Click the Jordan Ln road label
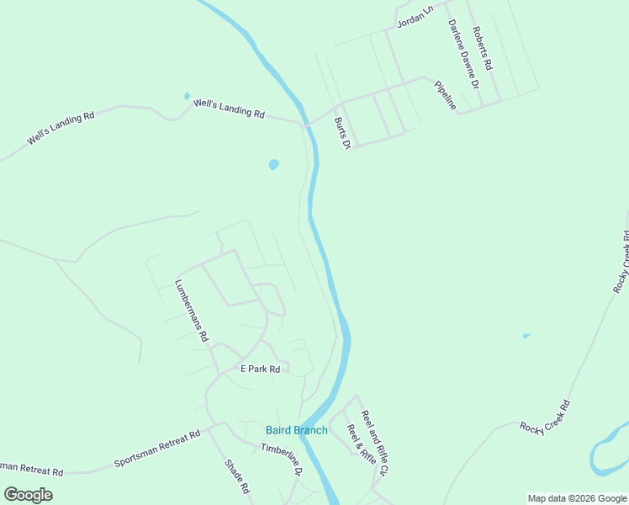tap(415, 15)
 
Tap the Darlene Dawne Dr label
tap(462, 55)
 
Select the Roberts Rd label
tap(482, 48)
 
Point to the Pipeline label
tap(445, 95)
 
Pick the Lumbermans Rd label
tap(191, 309)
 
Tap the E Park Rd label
tap(260, 369)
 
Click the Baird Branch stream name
tap(297, 431)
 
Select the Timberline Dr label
tap(281, 460)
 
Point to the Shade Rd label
tap(237, 476)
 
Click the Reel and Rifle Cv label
tap(373, 443)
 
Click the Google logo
tap(28, 495)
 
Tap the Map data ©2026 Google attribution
tap(577, 498)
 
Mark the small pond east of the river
tap(526, 336)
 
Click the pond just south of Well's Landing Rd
tap(273, 164)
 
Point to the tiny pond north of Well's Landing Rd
tap(187, 96)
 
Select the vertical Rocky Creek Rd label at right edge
tap(621, 263)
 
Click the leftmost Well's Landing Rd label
tap(61, 129)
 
